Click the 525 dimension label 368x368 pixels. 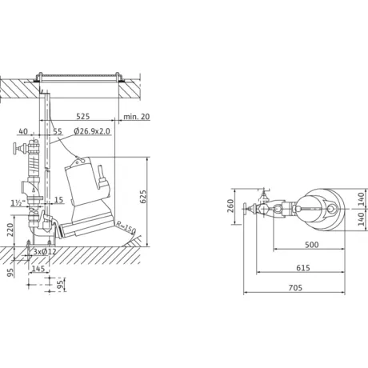83,117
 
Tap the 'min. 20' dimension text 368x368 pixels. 137,117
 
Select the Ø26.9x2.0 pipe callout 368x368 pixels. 92,131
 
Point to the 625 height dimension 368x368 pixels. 143,197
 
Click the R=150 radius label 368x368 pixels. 126,227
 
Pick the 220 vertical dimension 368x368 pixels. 10,230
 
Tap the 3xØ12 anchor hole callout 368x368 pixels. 45,251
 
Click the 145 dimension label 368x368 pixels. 38,268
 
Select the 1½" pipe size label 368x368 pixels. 18,203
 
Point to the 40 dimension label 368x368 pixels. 23,131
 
